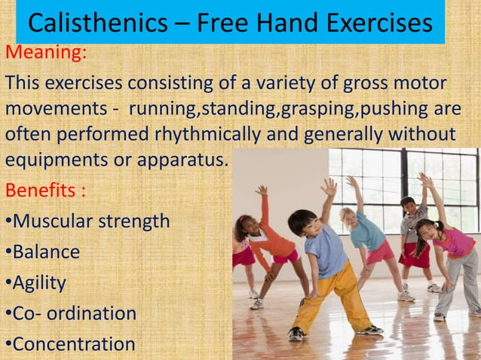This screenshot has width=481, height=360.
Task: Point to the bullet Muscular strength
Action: pyautogui.click(x=90, y=221)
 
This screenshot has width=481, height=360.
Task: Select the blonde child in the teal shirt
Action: pyautogui.click(x=369, y=233)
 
